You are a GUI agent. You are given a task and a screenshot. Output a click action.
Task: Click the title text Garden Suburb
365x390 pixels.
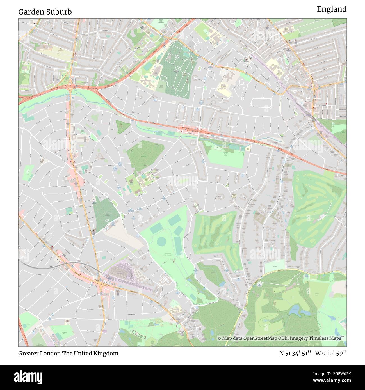click(x=45, y=12)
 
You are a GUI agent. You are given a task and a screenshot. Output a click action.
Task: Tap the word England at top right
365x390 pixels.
click(x=332, y=9)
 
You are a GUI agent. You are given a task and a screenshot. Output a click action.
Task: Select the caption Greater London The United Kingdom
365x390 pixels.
click(x=68, y=353)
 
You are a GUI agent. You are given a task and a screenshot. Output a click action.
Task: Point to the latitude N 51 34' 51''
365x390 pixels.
click(x=295, y=353)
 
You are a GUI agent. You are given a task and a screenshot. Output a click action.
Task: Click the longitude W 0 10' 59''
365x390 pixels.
click(x=331, y=353)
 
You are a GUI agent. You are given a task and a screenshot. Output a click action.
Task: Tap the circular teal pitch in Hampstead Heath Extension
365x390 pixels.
click(x=161, y=241)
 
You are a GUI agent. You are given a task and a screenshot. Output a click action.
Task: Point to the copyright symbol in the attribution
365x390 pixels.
click(x=219, y=338)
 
